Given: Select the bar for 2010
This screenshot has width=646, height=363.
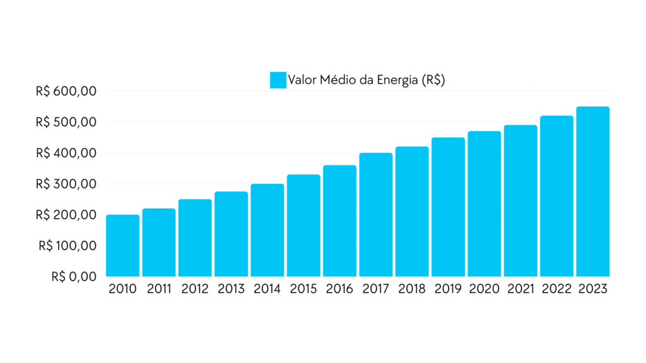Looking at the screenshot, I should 122,246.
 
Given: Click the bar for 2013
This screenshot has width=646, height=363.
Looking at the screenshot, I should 231,234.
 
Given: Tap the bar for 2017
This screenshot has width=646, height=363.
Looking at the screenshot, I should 376,215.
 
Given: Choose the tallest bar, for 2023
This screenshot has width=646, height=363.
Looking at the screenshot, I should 593,192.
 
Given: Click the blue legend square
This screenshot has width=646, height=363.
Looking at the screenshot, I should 278,80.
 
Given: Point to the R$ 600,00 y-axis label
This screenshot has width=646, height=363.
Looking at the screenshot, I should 66,91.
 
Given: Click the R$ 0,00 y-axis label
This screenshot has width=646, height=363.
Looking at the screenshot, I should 74,276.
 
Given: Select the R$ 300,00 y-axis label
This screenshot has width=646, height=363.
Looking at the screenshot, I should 66,184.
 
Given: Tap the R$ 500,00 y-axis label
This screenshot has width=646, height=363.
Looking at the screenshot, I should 66,122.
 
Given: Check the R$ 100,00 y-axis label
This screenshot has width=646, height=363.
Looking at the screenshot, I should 67,246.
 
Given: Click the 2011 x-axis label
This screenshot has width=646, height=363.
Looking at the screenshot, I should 159,289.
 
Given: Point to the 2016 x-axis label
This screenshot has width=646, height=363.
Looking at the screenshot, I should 340,289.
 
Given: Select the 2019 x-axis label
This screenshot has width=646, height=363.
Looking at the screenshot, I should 449,289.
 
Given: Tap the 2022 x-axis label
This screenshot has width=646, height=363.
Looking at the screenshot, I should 557,289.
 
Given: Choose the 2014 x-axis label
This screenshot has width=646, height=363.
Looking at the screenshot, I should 267,289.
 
